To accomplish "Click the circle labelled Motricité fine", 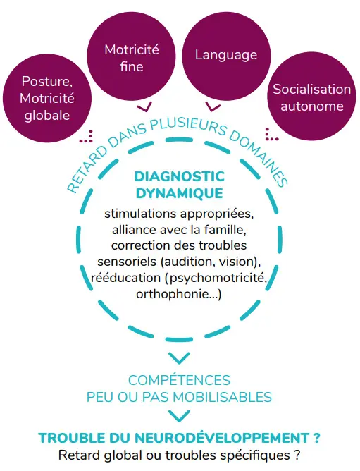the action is [131, 56].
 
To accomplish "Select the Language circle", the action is [226, 56].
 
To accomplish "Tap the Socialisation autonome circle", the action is [311, 96].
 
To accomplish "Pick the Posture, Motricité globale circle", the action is [47, 98].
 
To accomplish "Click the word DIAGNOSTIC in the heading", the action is [179, 176].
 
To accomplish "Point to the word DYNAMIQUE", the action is [179, 193].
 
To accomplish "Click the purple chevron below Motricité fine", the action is [144, 107].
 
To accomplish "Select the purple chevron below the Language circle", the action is [213, 107].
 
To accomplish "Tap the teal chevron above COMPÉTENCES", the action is [179, 357].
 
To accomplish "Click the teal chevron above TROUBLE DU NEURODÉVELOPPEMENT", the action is [179, 416].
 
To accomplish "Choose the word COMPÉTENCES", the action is [179, 380].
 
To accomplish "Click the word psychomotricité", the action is [218, 278].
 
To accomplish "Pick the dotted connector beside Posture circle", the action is [87, 137].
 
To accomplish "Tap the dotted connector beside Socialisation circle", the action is [271, 135].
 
